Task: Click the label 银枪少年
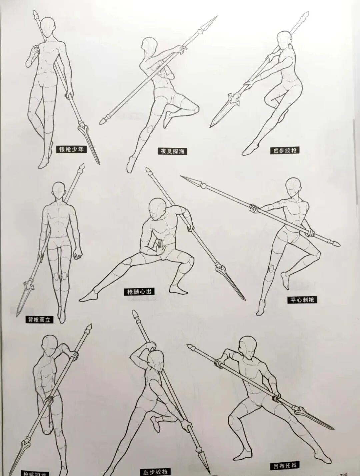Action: [71, 149]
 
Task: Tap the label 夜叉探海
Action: [172, 151]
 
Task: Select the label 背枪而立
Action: [39, 320]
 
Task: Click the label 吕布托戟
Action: [284, 465]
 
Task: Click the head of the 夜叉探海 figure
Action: [149, 47]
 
